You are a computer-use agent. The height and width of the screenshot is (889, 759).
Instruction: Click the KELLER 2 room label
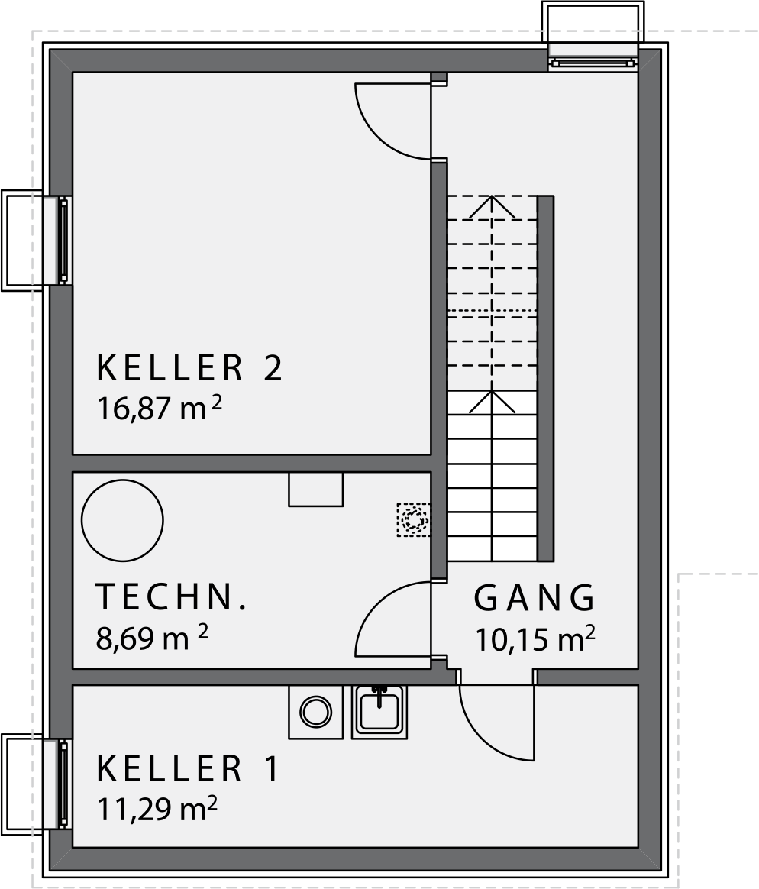(x=189, y=367)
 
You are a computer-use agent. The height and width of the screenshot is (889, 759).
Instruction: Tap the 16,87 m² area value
(x=160, y=408)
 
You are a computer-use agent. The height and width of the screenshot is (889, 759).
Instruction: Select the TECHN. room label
(x=172, y=597)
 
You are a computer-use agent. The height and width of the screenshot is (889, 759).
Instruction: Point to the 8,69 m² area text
(x=152, y=638)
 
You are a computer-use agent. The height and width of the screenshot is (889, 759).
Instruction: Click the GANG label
(x=535, y=598)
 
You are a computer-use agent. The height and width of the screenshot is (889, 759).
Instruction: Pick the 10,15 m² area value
(x=535, y=639)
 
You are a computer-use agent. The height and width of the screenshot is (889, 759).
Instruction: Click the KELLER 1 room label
(x=188, y=769)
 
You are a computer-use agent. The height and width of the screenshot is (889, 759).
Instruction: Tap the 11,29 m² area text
(x=157, y=809)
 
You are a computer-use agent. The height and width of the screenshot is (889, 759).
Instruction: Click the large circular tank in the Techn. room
(x=122, y=520)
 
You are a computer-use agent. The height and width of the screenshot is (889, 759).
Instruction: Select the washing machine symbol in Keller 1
(x=315, y=712)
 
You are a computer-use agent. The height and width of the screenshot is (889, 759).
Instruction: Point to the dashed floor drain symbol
(x=413, y=520)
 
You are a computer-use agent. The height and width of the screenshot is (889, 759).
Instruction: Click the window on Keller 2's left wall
(x=63, y=241)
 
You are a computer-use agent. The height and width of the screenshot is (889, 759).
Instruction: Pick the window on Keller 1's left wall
(x=63, y=784)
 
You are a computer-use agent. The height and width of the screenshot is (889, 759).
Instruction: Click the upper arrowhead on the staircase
(x=492, y=207)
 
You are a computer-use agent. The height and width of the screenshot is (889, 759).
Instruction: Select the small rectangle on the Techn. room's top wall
(x=315, y=489)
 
